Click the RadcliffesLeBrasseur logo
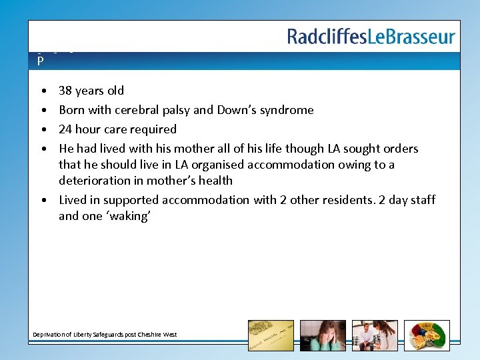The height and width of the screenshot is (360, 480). point(371,36)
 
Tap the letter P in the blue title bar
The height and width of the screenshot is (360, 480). point(41,61)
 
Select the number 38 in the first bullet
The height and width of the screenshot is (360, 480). point(66,91)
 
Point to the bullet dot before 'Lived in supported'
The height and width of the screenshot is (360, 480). point(43,200)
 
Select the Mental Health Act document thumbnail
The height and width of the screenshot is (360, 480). point(271,335)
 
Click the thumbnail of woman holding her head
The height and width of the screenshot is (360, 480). point(323,335)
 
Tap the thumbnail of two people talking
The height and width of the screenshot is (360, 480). point(375,335)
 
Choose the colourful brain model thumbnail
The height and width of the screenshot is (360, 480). point(427,335)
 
